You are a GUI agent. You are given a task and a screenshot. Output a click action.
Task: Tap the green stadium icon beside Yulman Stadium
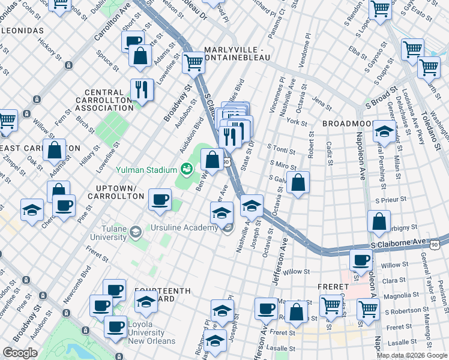(x=187, y=170)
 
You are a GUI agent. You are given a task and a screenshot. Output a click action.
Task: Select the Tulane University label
(x=99, y=232)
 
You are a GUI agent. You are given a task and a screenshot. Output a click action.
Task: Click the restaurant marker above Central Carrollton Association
(x=142, y=89)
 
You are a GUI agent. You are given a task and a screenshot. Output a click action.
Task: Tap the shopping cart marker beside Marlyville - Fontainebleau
(x=193, y=61)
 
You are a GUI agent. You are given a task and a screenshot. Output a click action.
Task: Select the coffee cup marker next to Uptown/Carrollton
(x=160, y=199)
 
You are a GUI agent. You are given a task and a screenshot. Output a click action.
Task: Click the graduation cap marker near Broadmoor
(x=384, y=130)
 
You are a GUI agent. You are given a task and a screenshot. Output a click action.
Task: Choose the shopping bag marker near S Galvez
(x=298, y=182)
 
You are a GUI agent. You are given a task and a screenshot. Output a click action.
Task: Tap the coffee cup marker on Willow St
(x=361, y=260)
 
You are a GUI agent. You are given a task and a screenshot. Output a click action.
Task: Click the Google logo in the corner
(x=20, y=353)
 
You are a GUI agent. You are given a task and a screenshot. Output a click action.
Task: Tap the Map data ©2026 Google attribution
(x=411, y=355)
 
